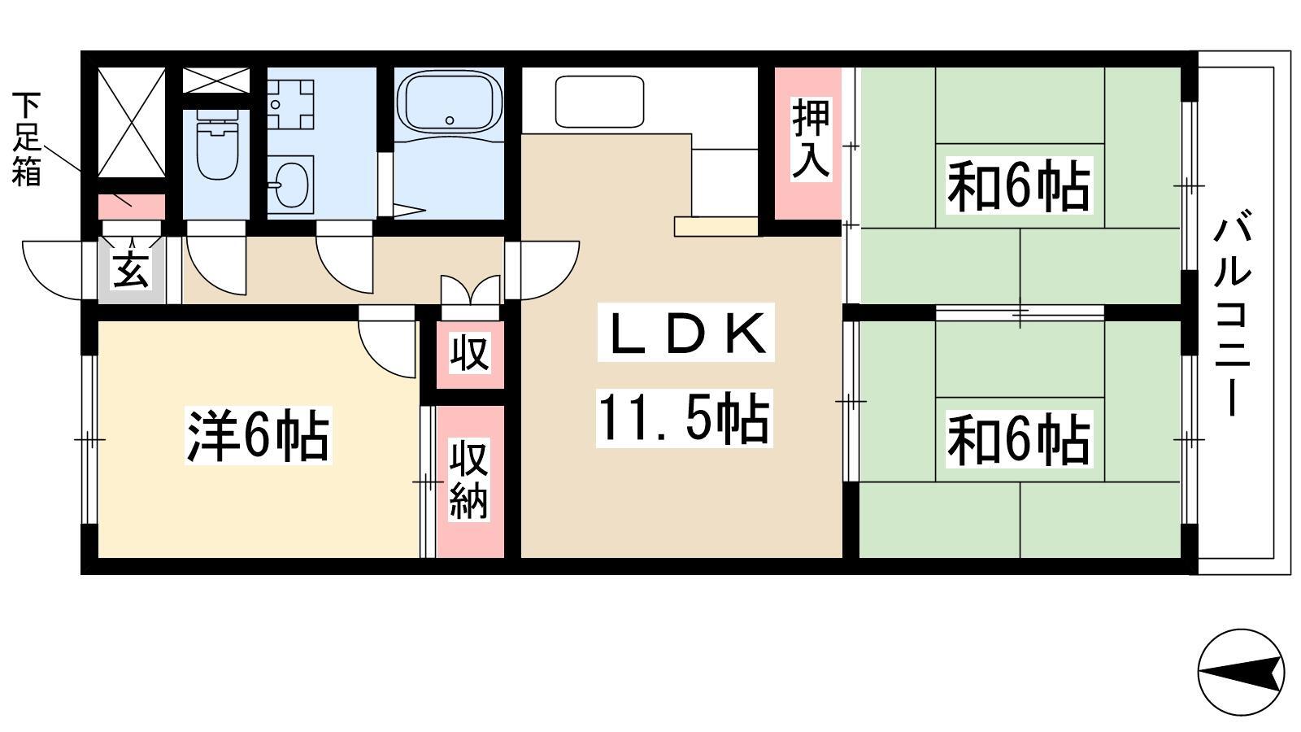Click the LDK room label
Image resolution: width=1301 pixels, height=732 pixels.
686,333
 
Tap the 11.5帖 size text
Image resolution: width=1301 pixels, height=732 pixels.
684,418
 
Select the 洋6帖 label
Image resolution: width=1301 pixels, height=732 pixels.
258,436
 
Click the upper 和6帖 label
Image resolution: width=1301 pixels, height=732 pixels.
1019,185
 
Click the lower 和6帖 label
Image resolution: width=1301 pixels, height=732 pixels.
1019,439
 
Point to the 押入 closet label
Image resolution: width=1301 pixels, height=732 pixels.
810,139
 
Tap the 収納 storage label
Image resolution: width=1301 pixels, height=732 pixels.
469,479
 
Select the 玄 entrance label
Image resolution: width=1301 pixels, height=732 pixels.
130,269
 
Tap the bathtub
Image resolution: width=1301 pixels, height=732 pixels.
449,103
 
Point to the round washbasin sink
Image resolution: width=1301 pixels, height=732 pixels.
293,184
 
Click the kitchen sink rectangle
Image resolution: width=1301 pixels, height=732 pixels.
599,102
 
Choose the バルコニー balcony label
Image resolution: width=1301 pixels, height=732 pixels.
1230,314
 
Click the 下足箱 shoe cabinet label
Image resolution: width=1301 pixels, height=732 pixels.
27,139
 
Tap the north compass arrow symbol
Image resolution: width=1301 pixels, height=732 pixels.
1241,672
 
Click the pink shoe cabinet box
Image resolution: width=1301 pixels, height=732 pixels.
131,207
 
